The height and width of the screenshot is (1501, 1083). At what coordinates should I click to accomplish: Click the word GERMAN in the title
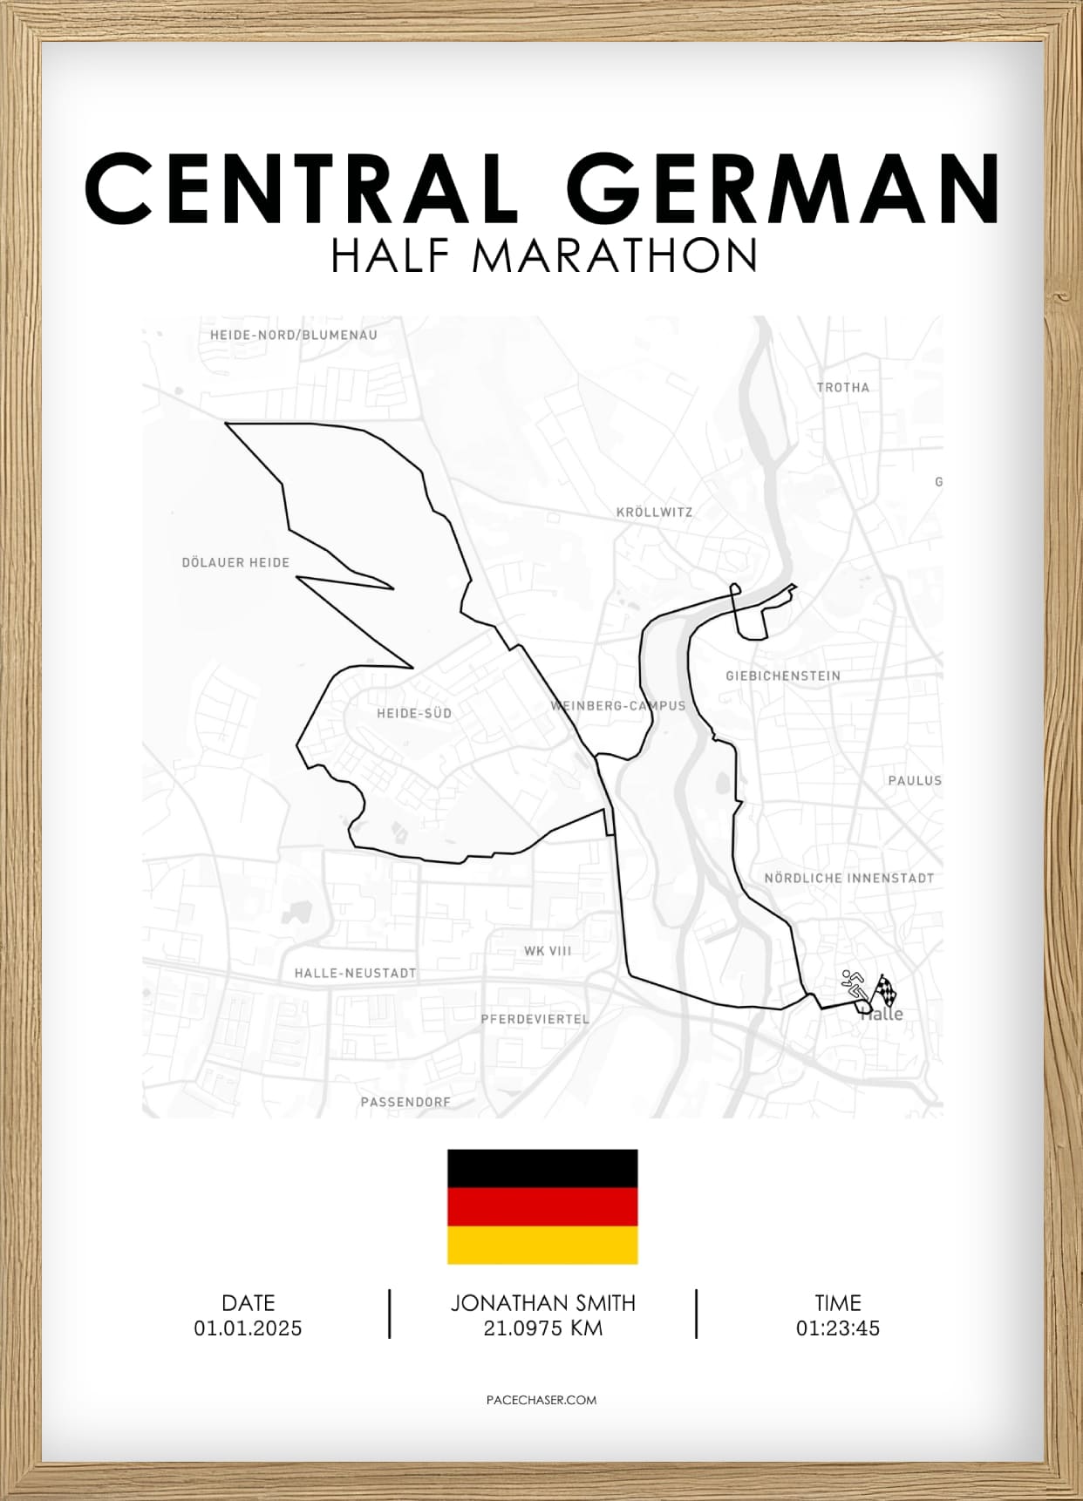pos(788,189)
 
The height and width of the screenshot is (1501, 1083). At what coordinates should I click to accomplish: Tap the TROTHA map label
pos(843,388)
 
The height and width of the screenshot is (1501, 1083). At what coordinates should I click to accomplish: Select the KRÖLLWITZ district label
pos(654,513)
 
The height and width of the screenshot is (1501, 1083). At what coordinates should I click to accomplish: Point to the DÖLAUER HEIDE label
pos(235,563)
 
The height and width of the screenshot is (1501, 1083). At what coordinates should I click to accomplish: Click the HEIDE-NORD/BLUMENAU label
pos(294,335)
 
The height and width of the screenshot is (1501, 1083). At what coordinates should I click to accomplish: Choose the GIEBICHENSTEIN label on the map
pos(783,676)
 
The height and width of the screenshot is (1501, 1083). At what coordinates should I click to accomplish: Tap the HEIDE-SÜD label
pos(414,713)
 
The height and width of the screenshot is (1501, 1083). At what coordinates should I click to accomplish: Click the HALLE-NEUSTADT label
pos(355,973)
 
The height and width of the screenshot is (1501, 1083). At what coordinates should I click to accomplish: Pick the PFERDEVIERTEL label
pos(535,1019)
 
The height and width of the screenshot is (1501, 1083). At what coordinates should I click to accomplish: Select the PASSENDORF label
pos(405,1102)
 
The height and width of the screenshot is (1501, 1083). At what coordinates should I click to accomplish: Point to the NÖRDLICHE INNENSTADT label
pos(849,879)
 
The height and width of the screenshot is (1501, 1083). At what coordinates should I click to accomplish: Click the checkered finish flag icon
pos(886,989)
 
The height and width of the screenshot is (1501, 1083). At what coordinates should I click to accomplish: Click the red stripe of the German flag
pos(542,1207)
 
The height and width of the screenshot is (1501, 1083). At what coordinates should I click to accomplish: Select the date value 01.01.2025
pos(249,1328)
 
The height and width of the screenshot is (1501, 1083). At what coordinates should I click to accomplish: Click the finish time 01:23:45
pos(838,1328)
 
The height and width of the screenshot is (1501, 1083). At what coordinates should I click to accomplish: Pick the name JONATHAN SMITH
pos(542,1303)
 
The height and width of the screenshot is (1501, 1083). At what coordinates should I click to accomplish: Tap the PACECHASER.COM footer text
pos(541,1400)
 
